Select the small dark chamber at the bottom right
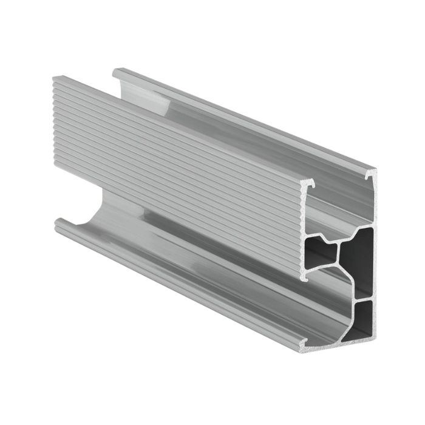click(x=364, y=317)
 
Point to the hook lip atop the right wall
click(x=370, y=174)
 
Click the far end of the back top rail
click(x=115, y=72)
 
